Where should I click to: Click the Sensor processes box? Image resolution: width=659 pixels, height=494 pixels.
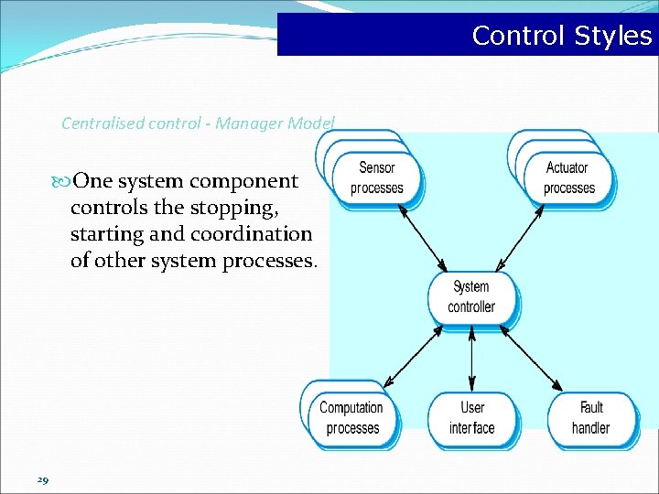tap(376, 178)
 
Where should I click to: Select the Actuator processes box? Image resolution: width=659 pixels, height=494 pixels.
tap(568, 178)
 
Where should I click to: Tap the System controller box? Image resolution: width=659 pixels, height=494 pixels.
tap(471, 297)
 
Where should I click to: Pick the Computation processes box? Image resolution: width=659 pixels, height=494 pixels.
tap(352, 418)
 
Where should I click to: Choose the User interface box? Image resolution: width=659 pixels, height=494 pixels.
tap(472, 418)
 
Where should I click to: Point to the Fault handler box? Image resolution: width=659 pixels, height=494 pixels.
tap(591, 418)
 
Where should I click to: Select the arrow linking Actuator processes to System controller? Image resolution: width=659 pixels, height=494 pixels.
tap(521, 236)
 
